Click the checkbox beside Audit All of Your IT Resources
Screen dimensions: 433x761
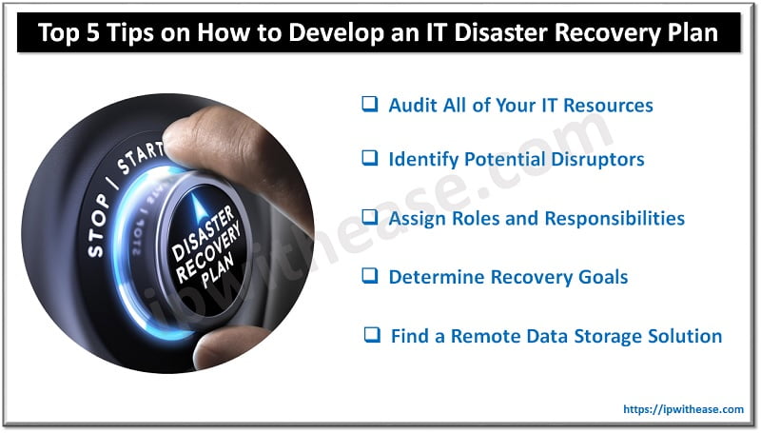pos(369,105)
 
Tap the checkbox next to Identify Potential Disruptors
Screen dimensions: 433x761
pos(369,159)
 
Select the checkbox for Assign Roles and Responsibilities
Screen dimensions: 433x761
pos(369,219)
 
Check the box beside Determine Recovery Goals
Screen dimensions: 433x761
pos(369,277)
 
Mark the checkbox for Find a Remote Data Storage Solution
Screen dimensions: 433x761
pos(373,336)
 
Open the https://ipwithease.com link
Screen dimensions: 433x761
pos(683,409)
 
